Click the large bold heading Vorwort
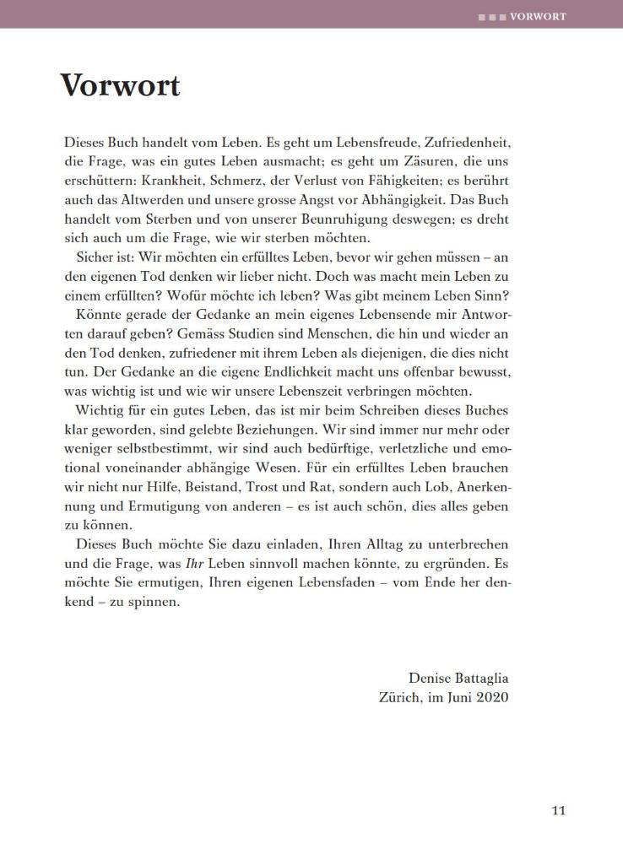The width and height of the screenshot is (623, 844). pos(120,86)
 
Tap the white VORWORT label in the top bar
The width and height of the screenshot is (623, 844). pos(538,16)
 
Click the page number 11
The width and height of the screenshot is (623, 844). pos(558,811)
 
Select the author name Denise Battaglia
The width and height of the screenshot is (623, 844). pos(458,678)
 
